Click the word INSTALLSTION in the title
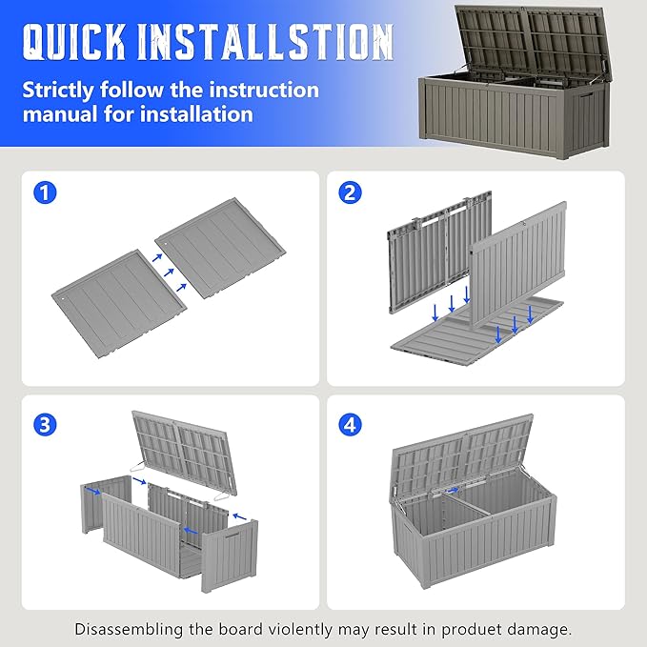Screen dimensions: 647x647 [x=265, y=41]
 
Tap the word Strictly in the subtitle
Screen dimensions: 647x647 [x=58, y=91]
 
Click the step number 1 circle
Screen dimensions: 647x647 [x=45, y=192]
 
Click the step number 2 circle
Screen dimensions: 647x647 [x=350, y=192]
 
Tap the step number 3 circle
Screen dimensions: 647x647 [x=45, y=424]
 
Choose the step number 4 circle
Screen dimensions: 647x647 [x=350, y=424]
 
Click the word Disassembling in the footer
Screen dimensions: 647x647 [x=129, y=630]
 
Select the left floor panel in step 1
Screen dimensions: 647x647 [x=119, y=303]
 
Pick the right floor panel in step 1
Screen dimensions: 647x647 [x=220, y=247]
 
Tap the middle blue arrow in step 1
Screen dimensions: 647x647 [x=169, y=273]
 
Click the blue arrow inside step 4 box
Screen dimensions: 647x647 [x=453, y=490]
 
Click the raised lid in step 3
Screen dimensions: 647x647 [x=185, y=452]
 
